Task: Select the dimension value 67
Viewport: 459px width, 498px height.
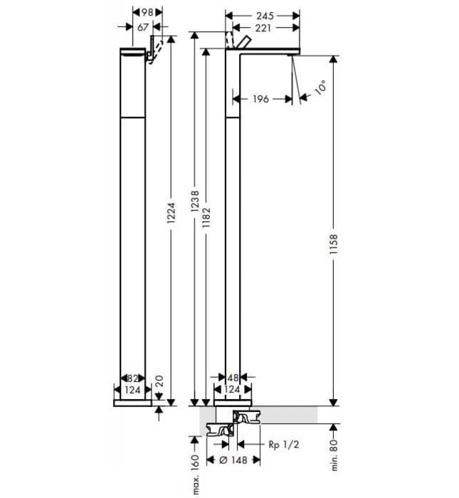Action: tap(142, 27)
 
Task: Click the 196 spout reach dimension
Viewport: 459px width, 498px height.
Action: tap(260, 99)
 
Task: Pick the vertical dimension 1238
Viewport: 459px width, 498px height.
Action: tap(194, 206)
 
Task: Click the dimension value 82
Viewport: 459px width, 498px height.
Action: tap(132, 378)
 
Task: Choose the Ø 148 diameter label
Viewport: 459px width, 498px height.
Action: tap(228, 460)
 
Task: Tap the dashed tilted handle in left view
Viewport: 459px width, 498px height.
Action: tap(160, 51)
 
